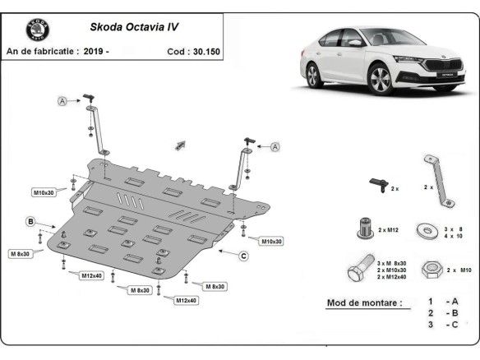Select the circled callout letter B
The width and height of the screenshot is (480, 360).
coord(30,221)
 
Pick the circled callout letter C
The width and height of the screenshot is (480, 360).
coord(244,256)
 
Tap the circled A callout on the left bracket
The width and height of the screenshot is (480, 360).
coord(62,101)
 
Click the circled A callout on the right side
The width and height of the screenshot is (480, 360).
coord(275,146)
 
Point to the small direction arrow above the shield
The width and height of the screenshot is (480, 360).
coord(179,145)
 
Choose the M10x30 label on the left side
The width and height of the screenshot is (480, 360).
coord(44,192)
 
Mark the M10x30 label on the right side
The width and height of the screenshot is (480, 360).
coord(271,241)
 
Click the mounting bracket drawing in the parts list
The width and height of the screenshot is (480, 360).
coord(436,179)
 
